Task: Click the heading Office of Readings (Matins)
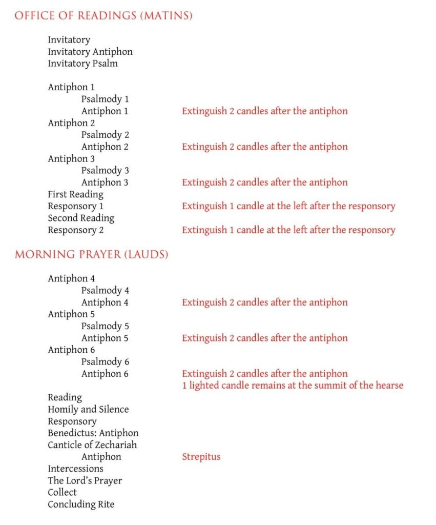(103, 16)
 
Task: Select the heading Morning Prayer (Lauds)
(91, 254)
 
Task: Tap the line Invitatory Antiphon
(90, 52)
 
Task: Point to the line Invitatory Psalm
(82, 64)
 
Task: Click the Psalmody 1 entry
(105, 99)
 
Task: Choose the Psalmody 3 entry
(105, 170)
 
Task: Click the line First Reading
(75, 194)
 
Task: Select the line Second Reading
(81, 218)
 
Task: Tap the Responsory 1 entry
(75, 206)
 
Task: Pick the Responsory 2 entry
(75, 230)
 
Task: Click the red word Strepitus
(201, 457)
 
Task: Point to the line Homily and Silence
(88, 409)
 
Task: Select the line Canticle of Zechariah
(92, 445)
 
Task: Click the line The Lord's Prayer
(85, 480)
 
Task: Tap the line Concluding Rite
(81, 504)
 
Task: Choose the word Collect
(63, 492)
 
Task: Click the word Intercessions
(75, 469)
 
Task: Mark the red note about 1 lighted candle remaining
(293, 385)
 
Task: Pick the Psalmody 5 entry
(105, 326)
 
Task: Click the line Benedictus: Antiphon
(93, 433)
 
